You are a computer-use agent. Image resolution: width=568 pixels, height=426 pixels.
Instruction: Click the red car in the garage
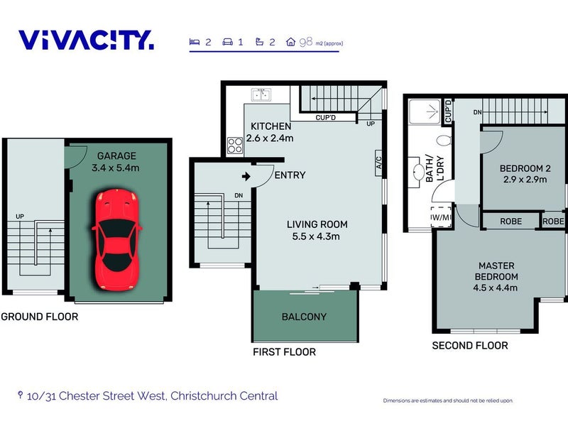116,239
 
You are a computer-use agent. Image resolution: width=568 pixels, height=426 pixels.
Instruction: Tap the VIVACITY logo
86,40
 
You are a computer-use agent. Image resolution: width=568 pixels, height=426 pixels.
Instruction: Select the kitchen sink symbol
261,94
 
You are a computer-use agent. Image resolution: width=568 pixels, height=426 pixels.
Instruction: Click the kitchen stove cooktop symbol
235,146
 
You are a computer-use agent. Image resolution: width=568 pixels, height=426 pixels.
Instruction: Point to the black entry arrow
246,176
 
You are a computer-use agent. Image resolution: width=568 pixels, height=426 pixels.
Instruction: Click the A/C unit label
378,163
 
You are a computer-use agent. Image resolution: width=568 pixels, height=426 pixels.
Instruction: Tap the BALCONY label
305,317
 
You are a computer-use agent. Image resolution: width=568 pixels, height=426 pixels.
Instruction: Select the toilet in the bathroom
444,140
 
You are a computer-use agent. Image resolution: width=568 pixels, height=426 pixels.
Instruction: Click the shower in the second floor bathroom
425,112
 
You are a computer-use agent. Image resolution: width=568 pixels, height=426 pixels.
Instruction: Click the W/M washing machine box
441,217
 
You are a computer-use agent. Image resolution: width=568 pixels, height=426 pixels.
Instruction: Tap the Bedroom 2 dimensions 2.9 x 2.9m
525,180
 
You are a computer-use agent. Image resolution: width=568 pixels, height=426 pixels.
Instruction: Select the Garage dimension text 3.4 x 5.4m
116,168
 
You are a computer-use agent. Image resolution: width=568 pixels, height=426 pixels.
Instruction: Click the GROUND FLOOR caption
40,317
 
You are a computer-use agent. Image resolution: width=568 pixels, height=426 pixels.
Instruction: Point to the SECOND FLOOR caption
470,346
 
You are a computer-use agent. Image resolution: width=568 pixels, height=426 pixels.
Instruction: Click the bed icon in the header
195,42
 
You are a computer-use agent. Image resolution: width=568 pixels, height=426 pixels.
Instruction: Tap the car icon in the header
227,42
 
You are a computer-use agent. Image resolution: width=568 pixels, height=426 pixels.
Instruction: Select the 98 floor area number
306,42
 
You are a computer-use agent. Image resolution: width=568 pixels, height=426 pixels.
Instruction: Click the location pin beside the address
21,395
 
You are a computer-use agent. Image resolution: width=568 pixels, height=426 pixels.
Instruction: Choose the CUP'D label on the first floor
326,117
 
